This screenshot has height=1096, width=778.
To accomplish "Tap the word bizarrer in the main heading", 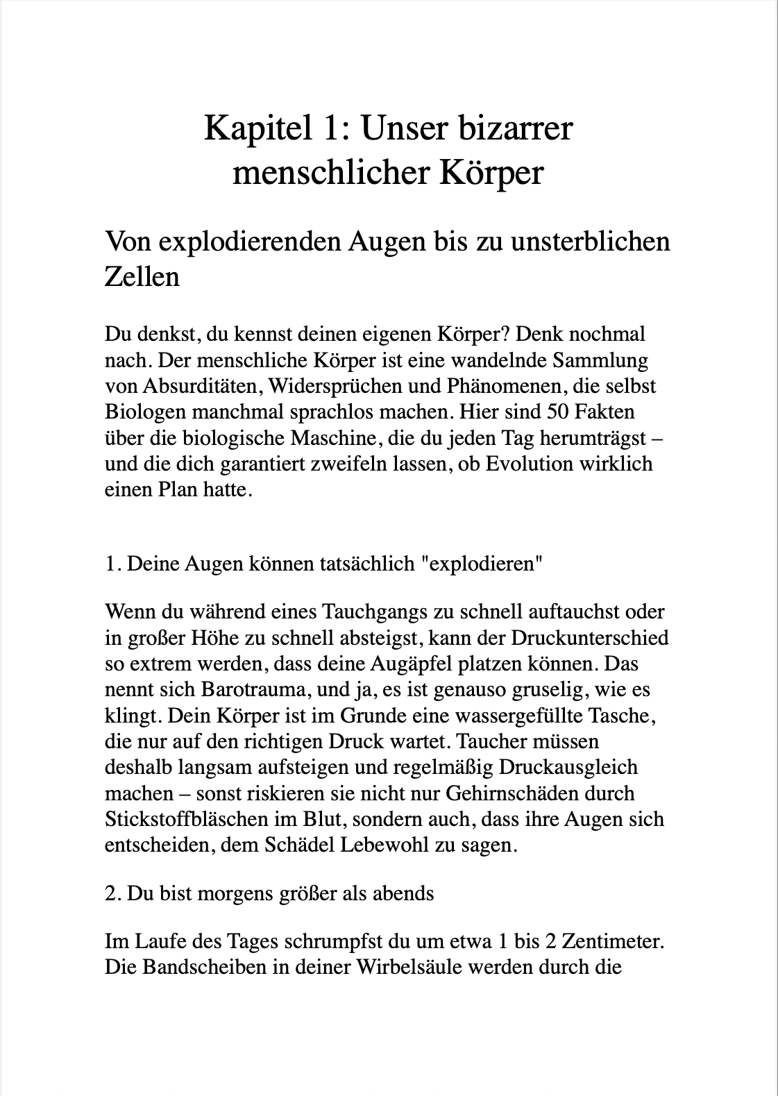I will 515,130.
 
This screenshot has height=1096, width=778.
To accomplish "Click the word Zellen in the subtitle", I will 142,276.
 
